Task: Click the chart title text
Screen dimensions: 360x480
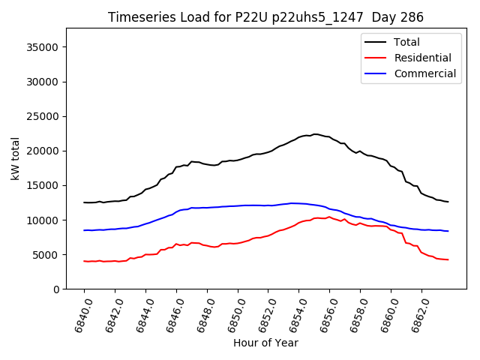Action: pos(265,17)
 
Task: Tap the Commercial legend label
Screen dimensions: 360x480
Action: pos(424,73)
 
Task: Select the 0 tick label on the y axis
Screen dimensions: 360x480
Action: pos(55,289)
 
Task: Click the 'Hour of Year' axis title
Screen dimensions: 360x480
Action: pos(265,343)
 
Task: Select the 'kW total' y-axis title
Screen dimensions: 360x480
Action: pos(15,158)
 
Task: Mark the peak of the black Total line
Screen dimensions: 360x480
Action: pos(316,134)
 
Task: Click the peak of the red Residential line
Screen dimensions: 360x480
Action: pos(328,217)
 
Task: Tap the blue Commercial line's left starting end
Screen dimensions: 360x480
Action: pos(84,230)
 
